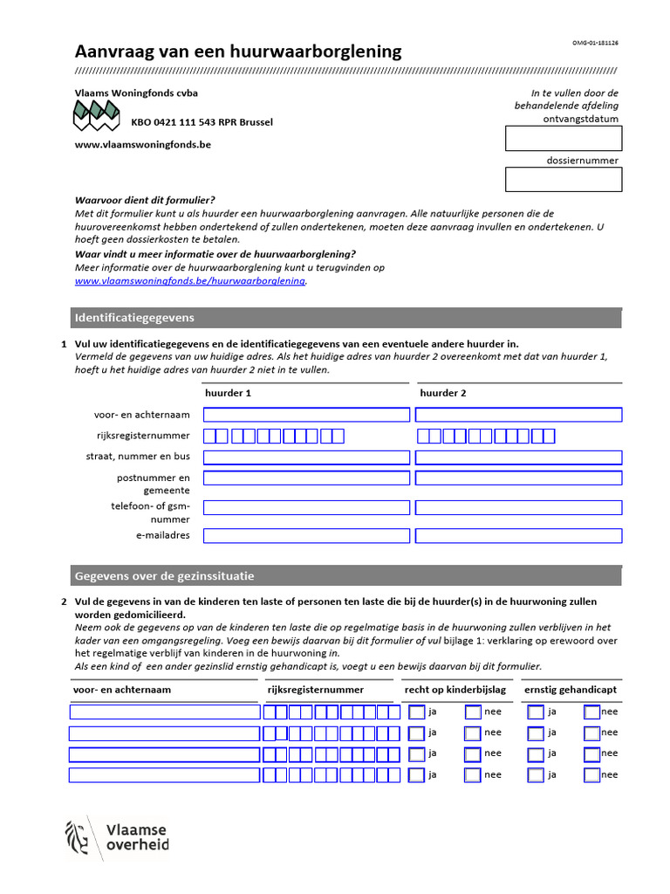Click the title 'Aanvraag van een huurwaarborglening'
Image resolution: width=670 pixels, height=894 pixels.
pos(238,52)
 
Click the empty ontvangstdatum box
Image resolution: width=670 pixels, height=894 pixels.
pos(563,138)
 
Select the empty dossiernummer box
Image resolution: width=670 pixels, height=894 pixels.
pos(563,179)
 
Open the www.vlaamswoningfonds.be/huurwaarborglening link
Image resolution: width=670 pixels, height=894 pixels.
pos(190,281)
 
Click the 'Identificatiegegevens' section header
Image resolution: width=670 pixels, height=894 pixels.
pos(135,318)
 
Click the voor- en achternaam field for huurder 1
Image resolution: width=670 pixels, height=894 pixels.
pos(305,415)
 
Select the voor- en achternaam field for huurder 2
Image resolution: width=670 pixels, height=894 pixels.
pos(519,415)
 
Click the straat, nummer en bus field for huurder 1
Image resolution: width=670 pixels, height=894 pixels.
pos(305,457)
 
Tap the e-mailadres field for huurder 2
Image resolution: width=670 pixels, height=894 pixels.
pos(519,535)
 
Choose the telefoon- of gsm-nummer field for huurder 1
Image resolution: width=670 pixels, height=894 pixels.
pos(305,507)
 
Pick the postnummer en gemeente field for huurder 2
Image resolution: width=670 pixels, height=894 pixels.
pos(519,478)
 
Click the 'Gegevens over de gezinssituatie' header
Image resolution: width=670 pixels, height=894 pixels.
pos(165,576)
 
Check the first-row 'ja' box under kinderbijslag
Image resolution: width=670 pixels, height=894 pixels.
pos(417,712)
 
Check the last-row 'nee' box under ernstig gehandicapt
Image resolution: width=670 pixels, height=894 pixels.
pos(592,775)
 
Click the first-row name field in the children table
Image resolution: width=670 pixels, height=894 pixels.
pos(164,712)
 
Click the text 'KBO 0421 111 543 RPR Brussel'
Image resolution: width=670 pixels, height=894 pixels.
pos(202,122)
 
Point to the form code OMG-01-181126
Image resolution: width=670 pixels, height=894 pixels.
pos(595,43)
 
